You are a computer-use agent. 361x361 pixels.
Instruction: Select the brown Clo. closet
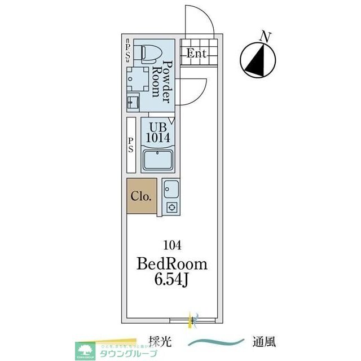coord(141,196)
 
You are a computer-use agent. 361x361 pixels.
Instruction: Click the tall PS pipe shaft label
coord(131,144)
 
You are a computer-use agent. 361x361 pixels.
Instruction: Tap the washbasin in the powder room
coord(133,102)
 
